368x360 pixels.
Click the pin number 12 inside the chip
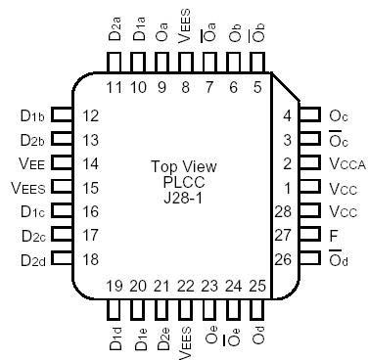point(91,115)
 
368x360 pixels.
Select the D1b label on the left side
point(31,115)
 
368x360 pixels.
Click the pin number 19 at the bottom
point(115,286)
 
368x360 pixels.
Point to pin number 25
point(257,286)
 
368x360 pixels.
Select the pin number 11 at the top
point(115,88)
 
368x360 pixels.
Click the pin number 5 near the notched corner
point(257,88)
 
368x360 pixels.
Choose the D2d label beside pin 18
point(31,259)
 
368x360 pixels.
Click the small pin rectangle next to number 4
point(310,115)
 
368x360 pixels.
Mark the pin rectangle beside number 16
point(62,211)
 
